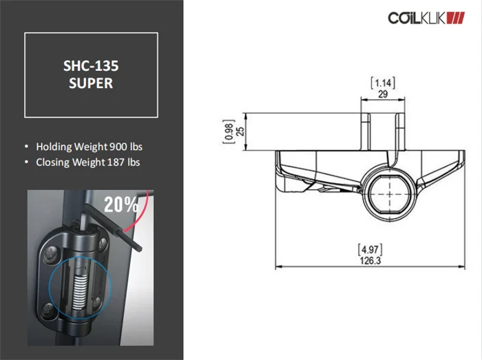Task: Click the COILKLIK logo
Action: [x=426, y=18]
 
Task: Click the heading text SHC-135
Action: [x=91, y=66]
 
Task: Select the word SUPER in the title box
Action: [x=91, y=83]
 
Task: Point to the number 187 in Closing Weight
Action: [x=116, y=162]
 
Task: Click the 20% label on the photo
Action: [x=121, y=204]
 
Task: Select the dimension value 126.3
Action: [x=370, y=261]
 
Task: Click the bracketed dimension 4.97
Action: [x=370, y=249]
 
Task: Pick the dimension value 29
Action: [x=383, y=94]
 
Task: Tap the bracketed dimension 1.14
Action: [x=383, y=83]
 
